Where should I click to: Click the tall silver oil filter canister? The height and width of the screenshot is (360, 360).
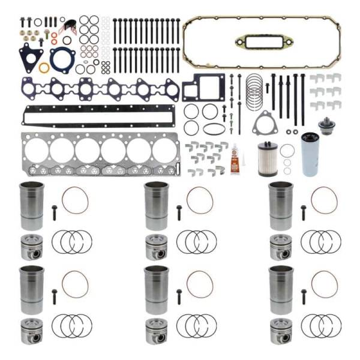tap(311, 154)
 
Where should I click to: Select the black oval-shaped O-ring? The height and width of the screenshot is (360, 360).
tap(214, 128)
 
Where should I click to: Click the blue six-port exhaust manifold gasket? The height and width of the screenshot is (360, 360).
tap(100, 89)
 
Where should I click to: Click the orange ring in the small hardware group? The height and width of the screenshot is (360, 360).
tap(44, 67)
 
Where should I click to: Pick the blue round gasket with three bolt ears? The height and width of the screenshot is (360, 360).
tap(62, 59)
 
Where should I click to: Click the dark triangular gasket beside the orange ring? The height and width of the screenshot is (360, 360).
tap(29, 58)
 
